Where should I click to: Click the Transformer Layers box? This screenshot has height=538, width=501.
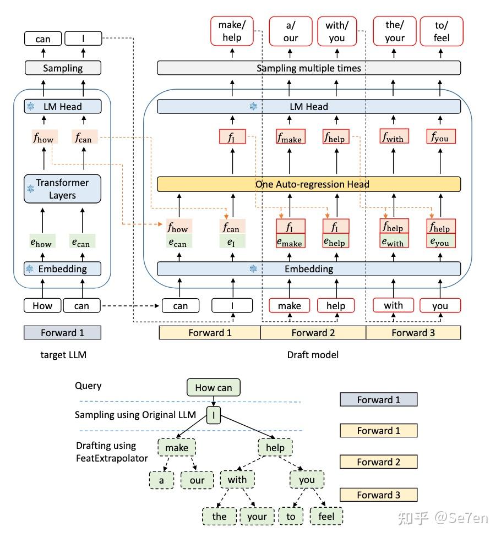62,189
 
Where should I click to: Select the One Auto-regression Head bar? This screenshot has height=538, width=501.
309,184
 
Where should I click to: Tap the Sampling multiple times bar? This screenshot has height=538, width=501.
309,68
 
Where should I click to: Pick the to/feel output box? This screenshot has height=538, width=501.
441,31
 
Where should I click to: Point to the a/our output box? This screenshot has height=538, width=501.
290,31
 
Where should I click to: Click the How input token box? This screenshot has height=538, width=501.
42,306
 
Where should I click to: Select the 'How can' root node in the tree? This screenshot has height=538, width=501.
213,388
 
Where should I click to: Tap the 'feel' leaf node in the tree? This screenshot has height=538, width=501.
326,516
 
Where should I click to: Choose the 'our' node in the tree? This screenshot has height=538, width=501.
197,480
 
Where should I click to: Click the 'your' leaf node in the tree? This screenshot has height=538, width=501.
257,516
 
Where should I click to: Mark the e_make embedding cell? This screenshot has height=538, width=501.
290,242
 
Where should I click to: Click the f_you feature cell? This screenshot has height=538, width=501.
441,137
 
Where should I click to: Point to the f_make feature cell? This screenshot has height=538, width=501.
290,137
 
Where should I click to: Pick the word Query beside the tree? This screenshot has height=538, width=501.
88,386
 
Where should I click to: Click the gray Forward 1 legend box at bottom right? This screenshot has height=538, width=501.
378,400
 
